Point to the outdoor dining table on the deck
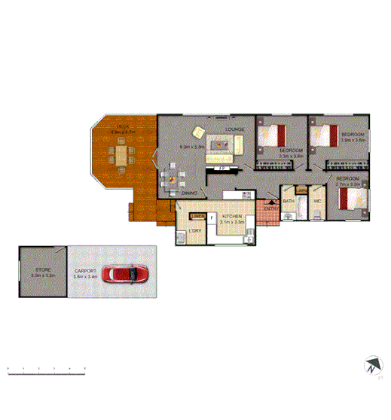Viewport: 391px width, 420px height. [121, 157]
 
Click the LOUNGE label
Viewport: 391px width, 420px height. [235, 129]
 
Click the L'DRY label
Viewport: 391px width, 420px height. [194, 229]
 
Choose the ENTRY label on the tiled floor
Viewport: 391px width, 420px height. [270, 208]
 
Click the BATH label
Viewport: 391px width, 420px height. [289, 202]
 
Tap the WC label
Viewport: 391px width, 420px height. [317, 202]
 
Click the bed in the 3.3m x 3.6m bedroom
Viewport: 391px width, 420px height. [271, 136]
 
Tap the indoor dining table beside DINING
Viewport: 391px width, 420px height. [172, 179]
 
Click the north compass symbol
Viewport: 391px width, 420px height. [371, 367]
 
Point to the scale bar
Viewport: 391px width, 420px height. [47, 368]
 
